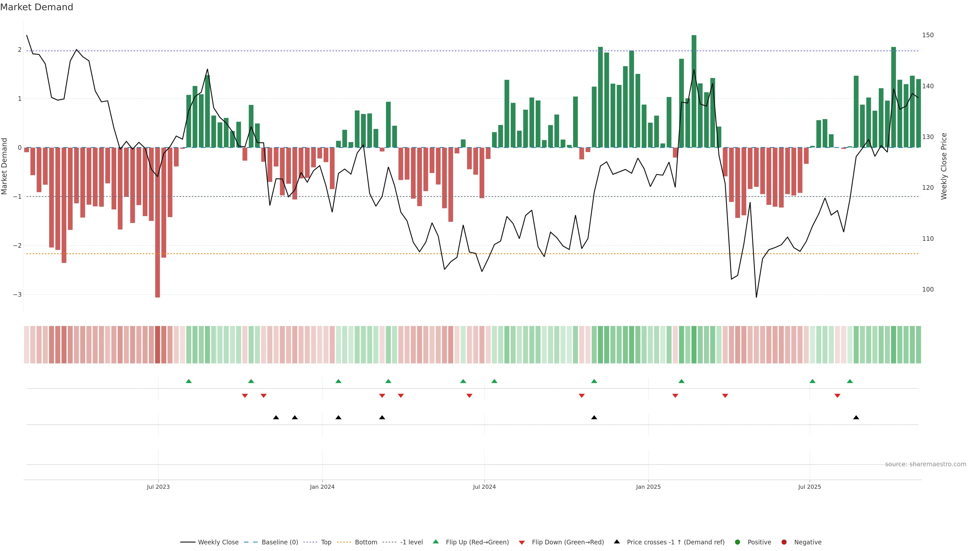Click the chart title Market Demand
pyautogui.click(x=36, y=7)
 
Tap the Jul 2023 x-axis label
pyautogui.click(x=158, y=487)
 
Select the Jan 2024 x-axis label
pyautogui.click(x=322, y=487)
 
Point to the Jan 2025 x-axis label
pyautogui.click(x=648, y=487)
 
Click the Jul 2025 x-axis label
pyautogui.click(x=809, y=487)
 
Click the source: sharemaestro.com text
pyautogui.click(x=925, y=464)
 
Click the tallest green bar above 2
pyautogui.click(x=693, y=91)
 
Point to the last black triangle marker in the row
pyautogui.click(x=856, y=418)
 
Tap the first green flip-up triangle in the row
pyautogui.click(x=188, y=381)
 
